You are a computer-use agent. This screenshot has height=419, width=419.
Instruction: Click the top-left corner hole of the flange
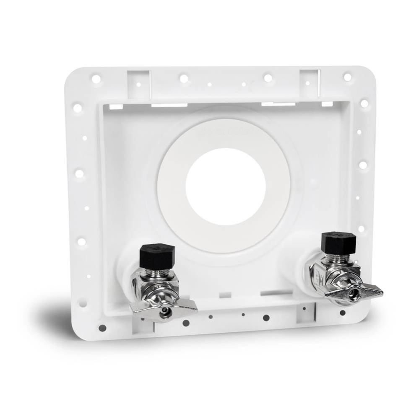tap(96, 79)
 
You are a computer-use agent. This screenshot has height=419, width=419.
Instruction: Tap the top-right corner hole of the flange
tap(347, 77)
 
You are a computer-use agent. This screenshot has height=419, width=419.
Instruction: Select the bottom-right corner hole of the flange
tap(343, 313)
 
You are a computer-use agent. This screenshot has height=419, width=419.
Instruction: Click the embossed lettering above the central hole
tap(225, 131)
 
